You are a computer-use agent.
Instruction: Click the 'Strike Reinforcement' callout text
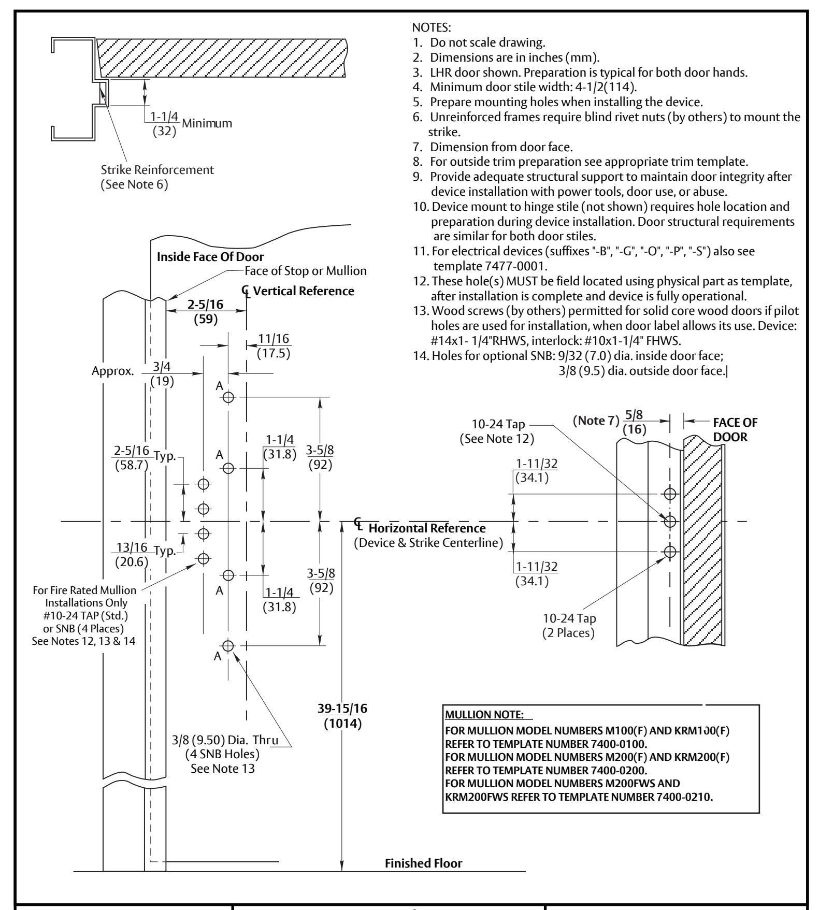point(156,169)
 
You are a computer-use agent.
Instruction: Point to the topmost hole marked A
point(228,397)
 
